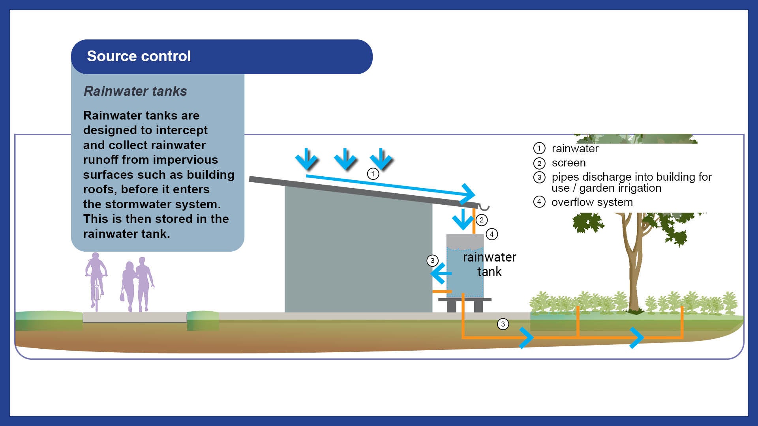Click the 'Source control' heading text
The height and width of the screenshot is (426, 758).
139,56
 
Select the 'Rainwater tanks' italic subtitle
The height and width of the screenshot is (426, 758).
135,91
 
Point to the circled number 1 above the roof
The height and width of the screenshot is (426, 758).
373,174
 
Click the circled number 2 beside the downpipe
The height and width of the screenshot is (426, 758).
481,220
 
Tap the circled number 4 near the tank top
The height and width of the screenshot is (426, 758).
492,234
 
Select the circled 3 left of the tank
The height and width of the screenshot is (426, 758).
432,261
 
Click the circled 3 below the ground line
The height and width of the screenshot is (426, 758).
503,324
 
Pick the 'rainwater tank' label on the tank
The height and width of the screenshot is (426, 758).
489,264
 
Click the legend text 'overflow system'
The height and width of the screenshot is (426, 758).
592,202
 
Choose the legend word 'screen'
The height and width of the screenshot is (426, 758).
568,163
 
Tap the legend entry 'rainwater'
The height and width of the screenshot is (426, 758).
575,149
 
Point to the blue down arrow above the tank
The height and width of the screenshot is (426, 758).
463,220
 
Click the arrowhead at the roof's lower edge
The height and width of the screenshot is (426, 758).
469,193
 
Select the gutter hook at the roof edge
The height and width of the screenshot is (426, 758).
484,207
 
